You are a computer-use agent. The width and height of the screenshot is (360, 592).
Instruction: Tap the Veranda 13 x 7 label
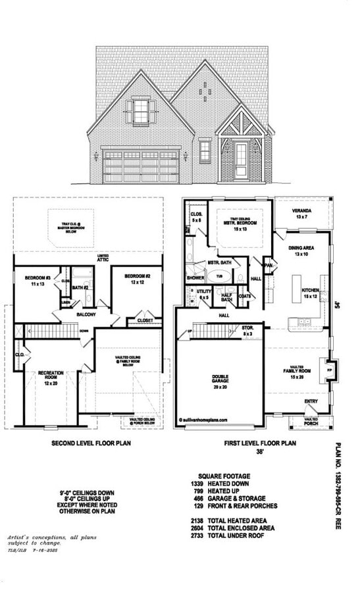coord(303,214)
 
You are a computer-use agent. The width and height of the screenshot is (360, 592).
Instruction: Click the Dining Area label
coord(301,251)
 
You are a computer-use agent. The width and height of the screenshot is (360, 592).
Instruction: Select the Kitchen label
coord(310,293)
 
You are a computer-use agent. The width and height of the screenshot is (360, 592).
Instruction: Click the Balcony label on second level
coord(85,314)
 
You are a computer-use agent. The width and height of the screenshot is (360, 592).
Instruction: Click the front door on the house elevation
coord(241,160)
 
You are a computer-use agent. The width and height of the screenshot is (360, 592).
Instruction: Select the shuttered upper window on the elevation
coord(141,111)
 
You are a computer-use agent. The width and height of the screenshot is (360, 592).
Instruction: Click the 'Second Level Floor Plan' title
coord(91,443)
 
